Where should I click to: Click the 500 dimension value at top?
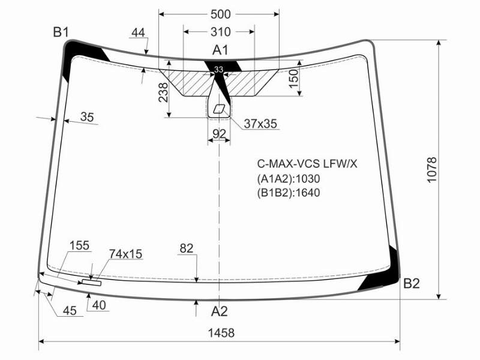[x=220, y=14]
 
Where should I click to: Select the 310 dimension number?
[x=220, y=32]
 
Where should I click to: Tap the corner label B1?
[x=61, y=32]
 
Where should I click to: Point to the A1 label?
[x=220, y=50]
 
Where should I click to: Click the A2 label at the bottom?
[x=220, y=311]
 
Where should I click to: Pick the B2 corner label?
[x=412, y=283]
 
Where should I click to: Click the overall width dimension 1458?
[x=221, y=333]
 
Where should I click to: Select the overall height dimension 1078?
[x=431, y=170]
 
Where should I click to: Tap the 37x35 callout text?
[x=260, y=124]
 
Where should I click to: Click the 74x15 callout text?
[x=125, y=254]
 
